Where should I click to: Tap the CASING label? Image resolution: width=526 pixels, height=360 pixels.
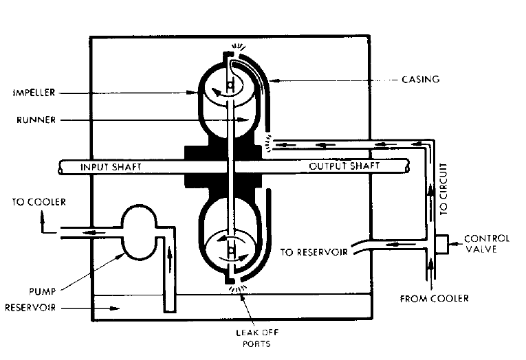(420, 80)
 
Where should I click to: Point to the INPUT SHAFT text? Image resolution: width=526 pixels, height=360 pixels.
(110, 167)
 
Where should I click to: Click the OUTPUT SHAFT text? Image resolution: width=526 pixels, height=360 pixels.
(344, 167)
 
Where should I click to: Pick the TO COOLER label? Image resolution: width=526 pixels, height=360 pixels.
(39, 202)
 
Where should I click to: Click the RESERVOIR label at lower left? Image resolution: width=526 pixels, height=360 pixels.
(30, 308)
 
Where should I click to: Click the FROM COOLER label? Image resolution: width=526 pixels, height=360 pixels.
(435, 298)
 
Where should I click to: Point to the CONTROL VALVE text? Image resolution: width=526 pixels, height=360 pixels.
(487, 244)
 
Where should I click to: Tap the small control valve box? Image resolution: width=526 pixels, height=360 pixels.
(441, 244)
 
